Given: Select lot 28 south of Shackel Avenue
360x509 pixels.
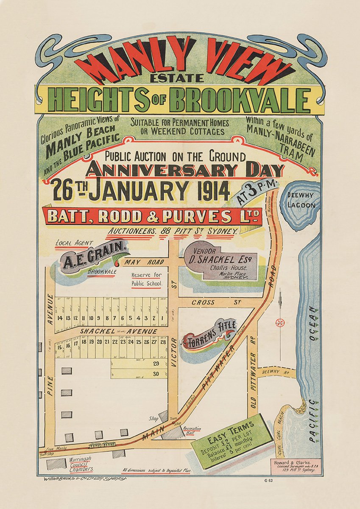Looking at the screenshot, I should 163,341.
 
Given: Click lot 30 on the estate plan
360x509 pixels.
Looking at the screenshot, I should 156,374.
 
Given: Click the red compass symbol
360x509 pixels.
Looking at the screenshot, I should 280,322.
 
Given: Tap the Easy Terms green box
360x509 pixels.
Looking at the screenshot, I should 231,442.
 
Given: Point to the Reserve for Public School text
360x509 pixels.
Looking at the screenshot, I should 146,279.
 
